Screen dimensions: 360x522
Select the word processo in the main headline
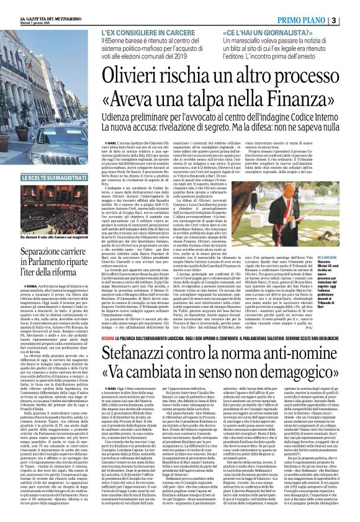pos(292,71)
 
